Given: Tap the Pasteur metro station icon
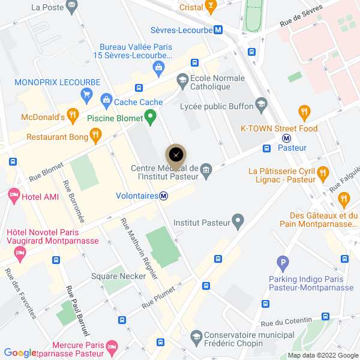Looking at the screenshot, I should tap(287, 137).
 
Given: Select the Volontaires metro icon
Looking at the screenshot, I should tap(163, 195).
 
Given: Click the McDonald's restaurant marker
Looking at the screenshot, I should tap(73, 114).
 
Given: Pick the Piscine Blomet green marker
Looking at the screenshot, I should tap(151, 114).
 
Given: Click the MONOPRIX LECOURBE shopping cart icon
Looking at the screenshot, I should tap(87, 94).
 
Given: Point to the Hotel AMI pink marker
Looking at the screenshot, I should tap(13, 196).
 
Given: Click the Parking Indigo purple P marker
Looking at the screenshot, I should tap(283, 262).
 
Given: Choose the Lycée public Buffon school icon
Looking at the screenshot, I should tap(261, 106).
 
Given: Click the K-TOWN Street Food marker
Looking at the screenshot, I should tap(305, 112).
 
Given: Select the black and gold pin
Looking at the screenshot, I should tap(175, 156).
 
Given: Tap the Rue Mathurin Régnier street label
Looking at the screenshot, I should tap(139, 248).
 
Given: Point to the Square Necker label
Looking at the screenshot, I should tap(118, 276).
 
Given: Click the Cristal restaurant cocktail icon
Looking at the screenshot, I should tap(210, 7).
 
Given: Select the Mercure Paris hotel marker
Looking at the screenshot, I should tap(111, 347).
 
